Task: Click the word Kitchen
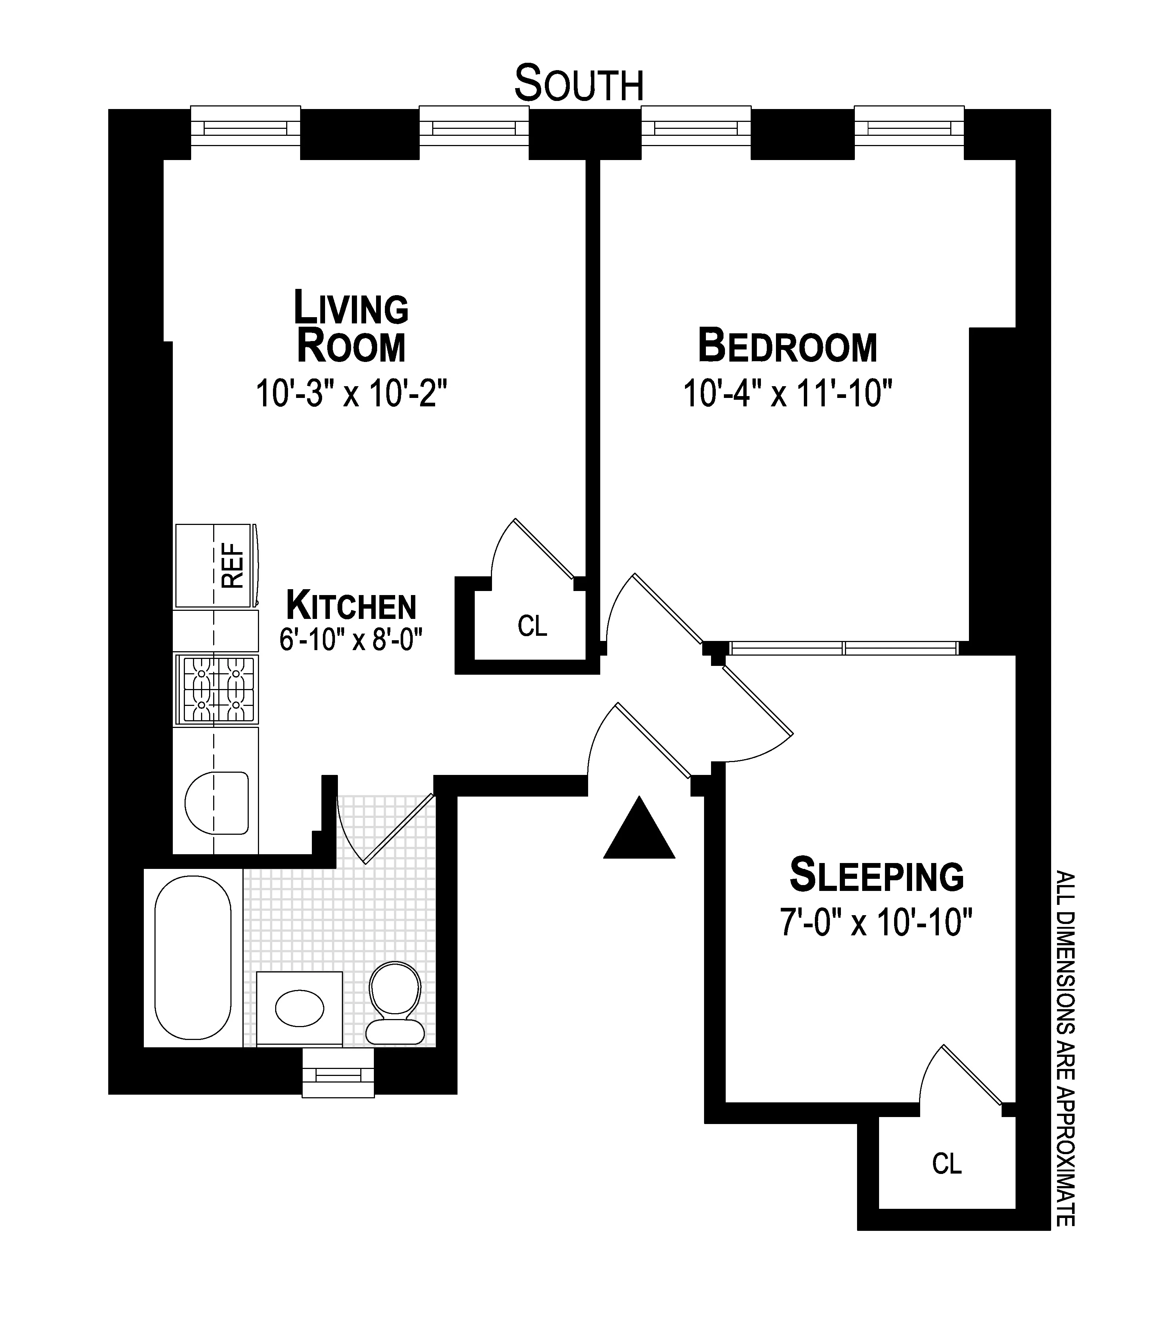coord(351,606)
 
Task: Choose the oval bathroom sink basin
coord(299,1007)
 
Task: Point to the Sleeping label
coord(876,875)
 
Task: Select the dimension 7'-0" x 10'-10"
coord(876,922)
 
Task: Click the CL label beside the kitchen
coord(532,626)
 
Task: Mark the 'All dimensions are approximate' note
coord(1065,1048)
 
